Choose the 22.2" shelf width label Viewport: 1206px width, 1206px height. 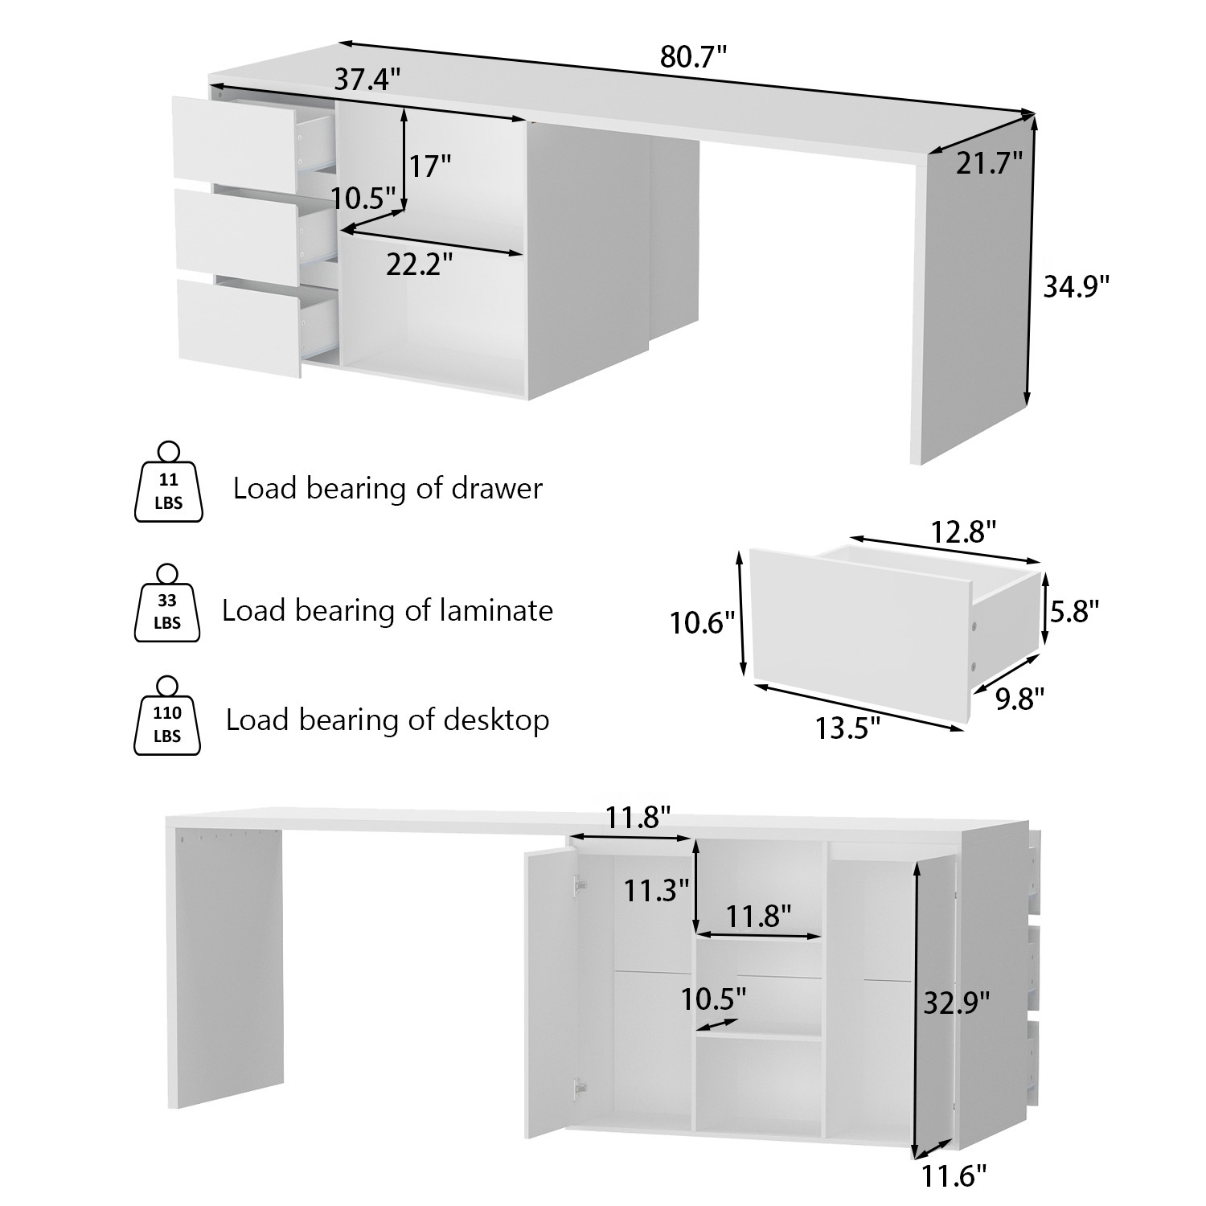419,264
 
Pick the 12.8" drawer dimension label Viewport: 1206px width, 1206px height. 964,531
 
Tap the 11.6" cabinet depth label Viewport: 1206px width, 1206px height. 954,1177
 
